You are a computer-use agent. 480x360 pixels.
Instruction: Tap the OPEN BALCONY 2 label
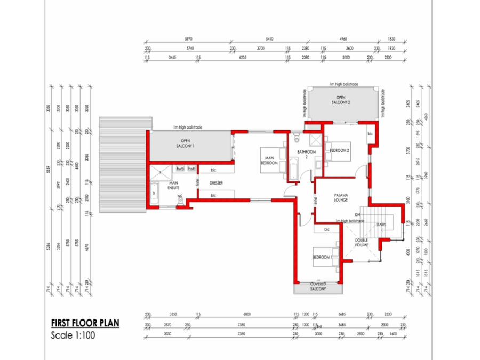tap(341, 100)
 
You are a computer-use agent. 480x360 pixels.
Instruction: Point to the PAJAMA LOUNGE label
tap(341, 197)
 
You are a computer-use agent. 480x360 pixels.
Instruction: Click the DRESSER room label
tap(215, 183)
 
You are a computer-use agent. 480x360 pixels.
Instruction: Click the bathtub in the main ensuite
tap(153, 195)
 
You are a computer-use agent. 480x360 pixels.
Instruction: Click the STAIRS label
tap(381, 225)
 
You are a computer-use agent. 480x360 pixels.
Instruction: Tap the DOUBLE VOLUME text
tap(362, 243)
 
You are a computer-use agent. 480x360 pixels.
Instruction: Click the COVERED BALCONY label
tap(318, 286)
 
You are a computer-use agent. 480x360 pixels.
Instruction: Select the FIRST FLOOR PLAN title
tap(85, 323)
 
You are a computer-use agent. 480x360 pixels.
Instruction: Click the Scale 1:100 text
tap(74, 336)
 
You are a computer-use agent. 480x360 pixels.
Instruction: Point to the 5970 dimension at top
tap(188, 39)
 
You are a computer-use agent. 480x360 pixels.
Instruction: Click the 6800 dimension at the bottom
tap(246, 314)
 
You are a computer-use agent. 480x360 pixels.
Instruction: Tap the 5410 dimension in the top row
tap(269, 39)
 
